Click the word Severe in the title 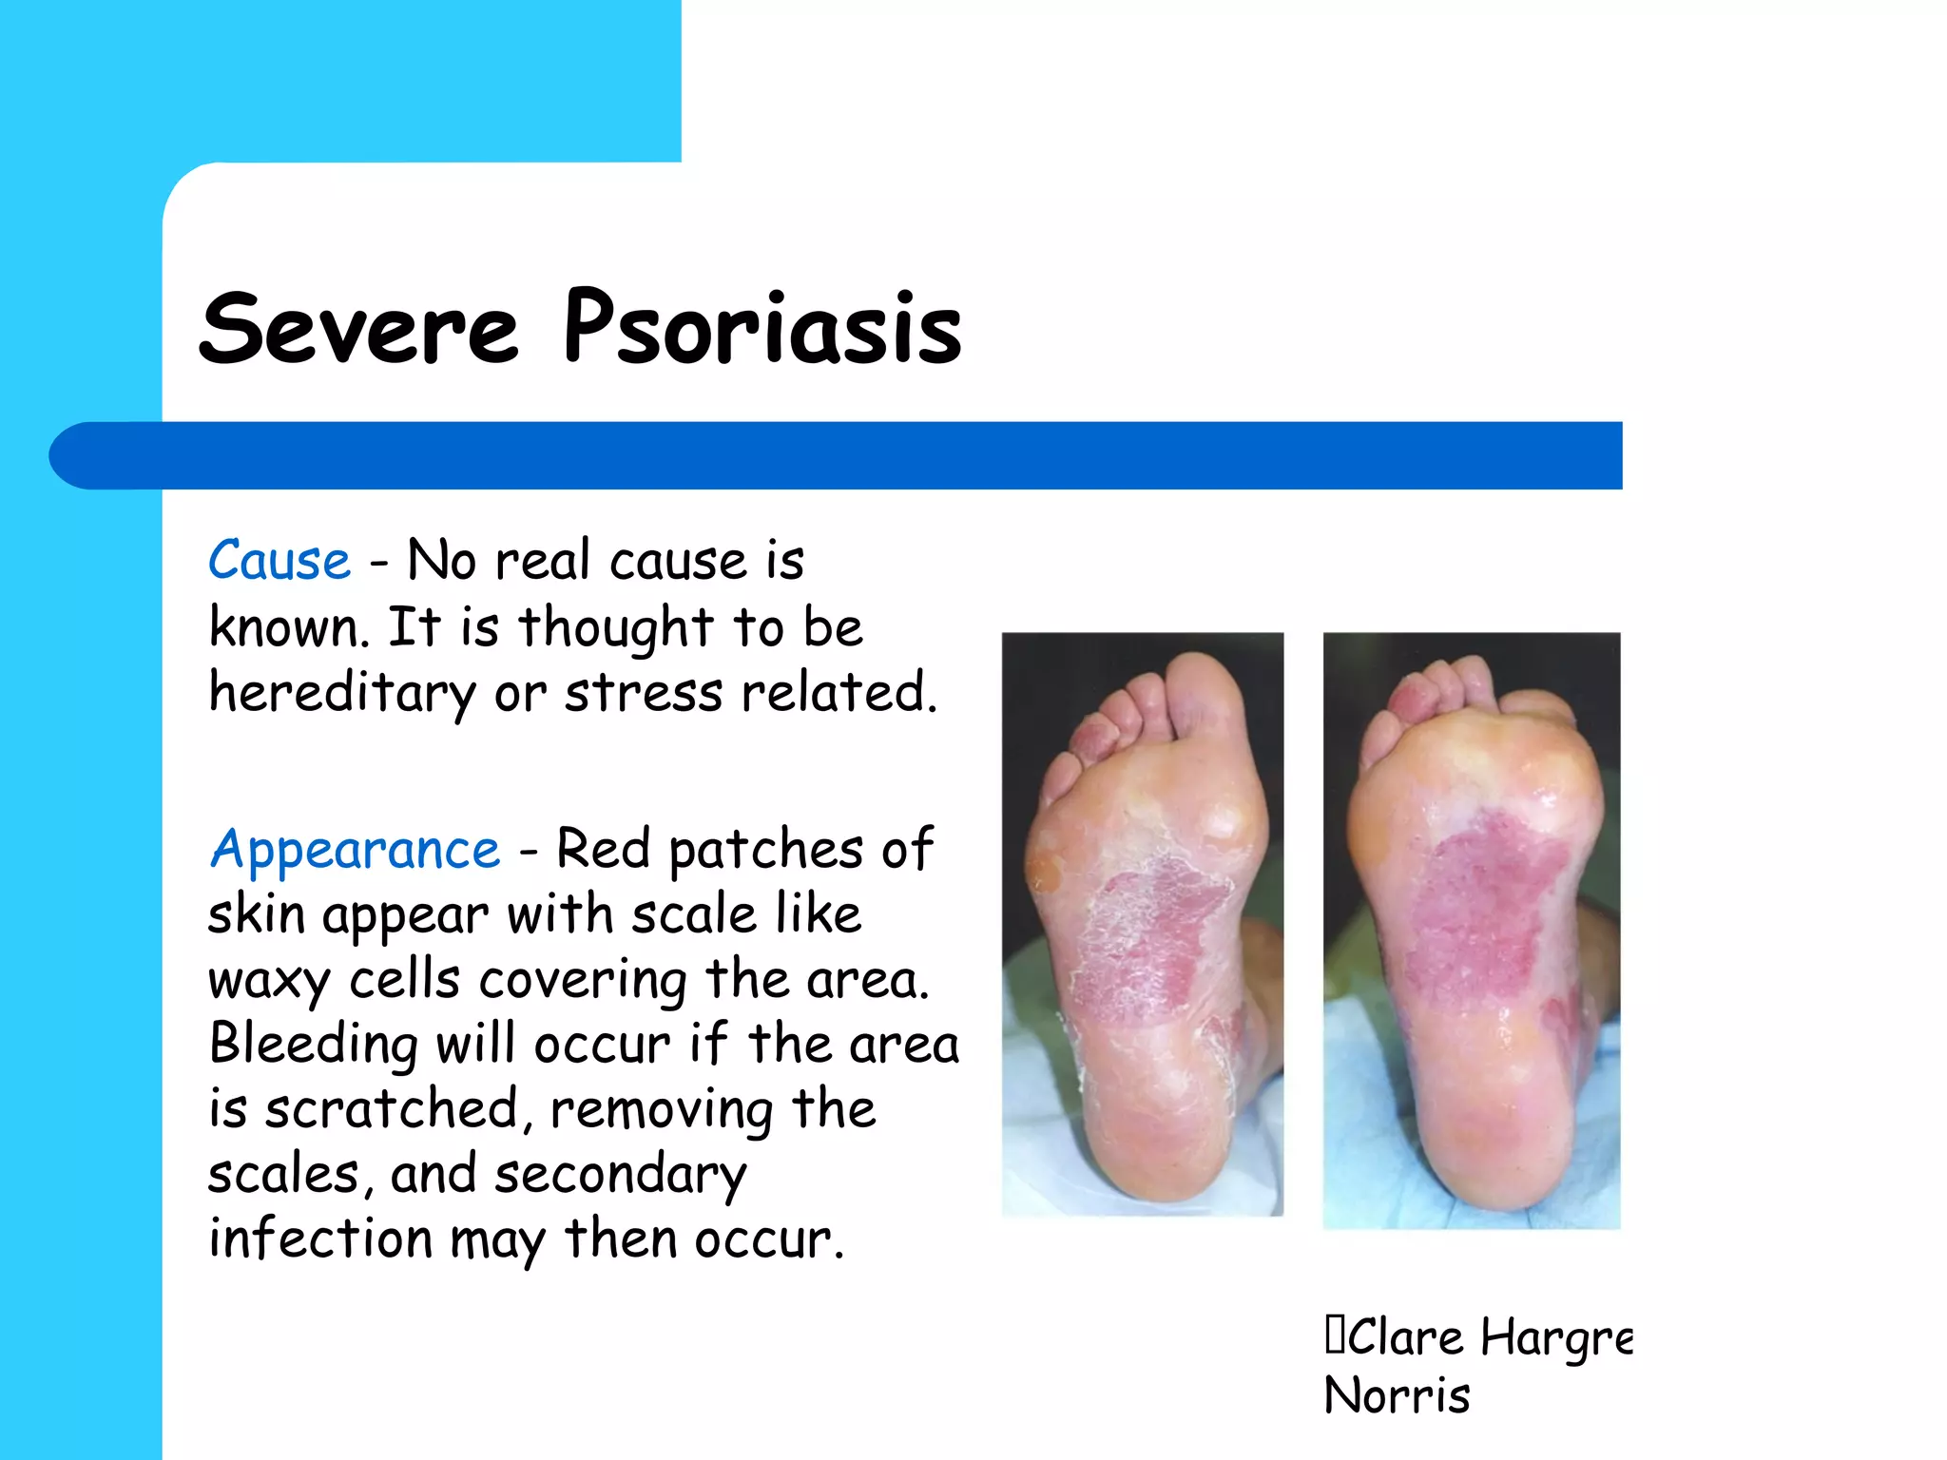[x=359, y=329]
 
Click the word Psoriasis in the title [x=762, y=329]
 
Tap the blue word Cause [x=280, y=560]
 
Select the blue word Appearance [x=355, y=850]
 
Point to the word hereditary [x=341, y=692]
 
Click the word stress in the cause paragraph [x=644, y=692]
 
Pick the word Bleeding [x=312, y=1044]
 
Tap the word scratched [x=390, y=1109]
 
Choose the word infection [x=319, y=1239]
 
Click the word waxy [x=268, y=980]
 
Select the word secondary [x=621, y=1175]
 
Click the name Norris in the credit [x=1397, y=1395]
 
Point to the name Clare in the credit [x=1405, y=1337]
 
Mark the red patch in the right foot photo [x=1483, y=903]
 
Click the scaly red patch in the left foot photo [x=1150, y=941]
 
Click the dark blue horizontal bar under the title [x=837, y=455]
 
